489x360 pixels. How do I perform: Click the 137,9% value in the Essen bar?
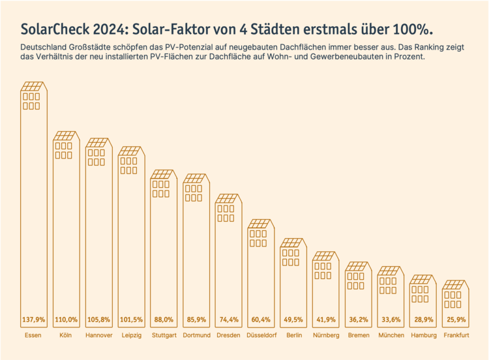[x=33, y=320]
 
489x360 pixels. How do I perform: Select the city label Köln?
[x=65, y=335]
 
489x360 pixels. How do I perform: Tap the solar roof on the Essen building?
[x=33, y=87]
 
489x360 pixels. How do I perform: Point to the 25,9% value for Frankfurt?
[x=456, y=320]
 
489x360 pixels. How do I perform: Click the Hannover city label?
[x=98, y=335]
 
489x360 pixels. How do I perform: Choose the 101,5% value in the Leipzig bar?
[x=130, y=320]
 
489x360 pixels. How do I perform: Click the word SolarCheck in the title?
[x=52, y=30]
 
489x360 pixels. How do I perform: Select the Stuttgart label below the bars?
[x=163, y=335]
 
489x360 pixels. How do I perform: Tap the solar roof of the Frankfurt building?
[x=456, y=285]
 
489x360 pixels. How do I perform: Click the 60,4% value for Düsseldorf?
[x=261, y=320]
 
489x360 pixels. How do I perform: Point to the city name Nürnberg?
[x=326, y=335]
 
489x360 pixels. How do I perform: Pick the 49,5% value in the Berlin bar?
[x=293, y=320]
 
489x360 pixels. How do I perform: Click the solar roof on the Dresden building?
[x=228, y=198]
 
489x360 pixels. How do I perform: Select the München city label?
[x=391, y=335]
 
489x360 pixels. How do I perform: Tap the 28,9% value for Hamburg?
[x=423, y=320]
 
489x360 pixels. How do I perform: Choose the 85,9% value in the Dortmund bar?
[x=196, y=320]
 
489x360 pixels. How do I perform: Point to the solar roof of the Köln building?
[x=66, y=136]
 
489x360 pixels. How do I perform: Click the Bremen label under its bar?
[x=359, y=335]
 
